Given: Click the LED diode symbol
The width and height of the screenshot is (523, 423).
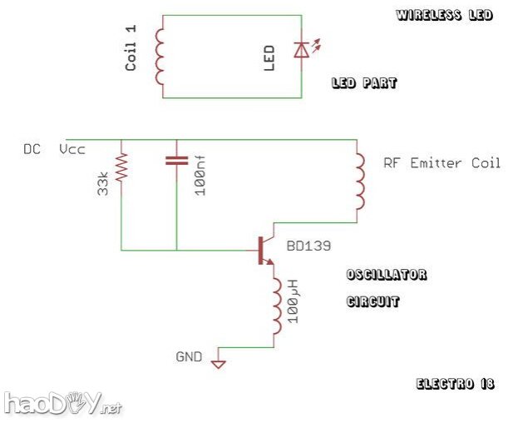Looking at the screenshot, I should [x=302, y=51].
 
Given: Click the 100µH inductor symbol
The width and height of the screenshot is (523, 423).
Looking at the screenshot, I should [x=274, y=305].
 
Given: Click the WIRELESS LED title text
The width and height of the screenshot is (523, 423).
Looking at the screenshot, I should [x=445, y=15].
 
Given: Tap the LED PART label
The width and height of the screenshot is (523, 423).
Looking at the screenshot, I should [x=364, y=83].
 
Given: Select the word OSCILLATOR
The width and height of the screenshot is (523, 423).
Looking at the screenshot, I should [x=387, y=275].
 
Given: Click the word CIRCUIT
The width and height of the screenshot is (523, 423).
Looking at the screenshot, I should [x=373, y=301].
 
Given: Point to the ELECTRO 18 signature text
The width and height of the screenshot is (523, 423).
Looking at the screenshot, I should [x=456, y=384].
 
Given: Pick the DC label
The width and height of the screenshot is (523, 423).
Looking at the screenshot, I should [x=32, y=150].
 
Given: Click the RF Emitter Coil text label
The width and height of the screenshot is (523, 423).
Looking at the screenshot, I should [x=442, y=163].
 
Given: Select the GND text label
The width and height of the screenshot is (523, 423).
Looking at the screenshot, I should [x=189, y=356].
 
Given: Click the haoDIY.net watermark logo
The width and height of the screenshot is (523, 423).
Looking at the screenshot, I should [x=62, y=404].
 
